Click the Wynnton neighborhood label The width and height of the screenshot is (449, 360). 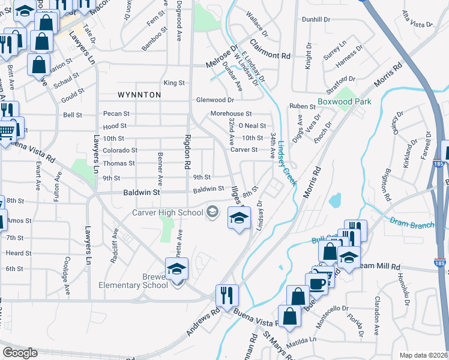tap(139, 95)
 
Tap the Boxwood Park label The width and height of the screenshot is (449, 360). tap(345, 101)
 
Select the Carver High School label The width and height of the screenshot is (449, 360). tap(170, 212)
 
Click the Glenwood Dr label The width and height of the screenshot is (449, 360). tap(215, 100)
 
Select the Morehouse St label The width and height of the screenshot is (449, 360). tap(231, 113)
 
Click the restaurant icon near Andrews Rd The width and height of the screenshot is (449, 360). tap(227, 295)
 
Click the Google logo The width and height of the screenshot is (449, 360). tap(19, 353)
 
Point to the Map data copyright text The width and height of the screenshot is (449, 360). tap(423, 355)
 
